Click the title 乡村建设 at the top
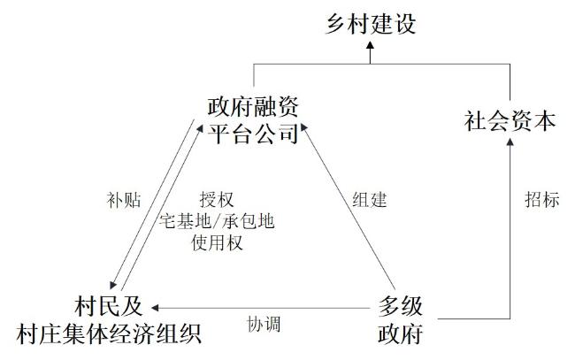(x=371, y=24)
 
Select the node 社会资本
(x=510, y=121)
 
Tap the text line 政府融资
(x=253, y=106)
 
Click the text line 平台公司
(x=253, y=134)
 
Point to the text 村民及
(x=109, y=306)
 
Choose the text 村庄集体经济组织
(x=109, y=333)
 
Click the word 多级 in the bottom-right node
(x=400, y=306)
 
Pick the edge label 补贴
(x=124, y=200)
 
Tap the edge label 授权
(x=217, y=200)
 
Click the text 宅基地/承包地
(x=217, y=221)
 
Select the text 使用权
(x=217, y=242)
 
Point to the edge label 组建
(x=370, y=200)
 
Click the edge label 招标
(x=542, y=200)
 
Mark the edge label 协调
(x=264, y=325)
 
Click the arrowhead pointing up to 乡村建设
(x=371, y=45)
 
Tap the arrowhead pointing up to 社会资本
(x=510, y=142)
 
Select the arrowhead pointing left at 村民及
(x=155, y=308)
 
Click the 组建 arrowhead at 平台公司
(x=304, y=127)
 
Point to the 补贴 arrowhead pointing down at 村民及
(x=113, y=284)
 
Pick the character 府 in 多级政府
(x=411, y=333)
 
